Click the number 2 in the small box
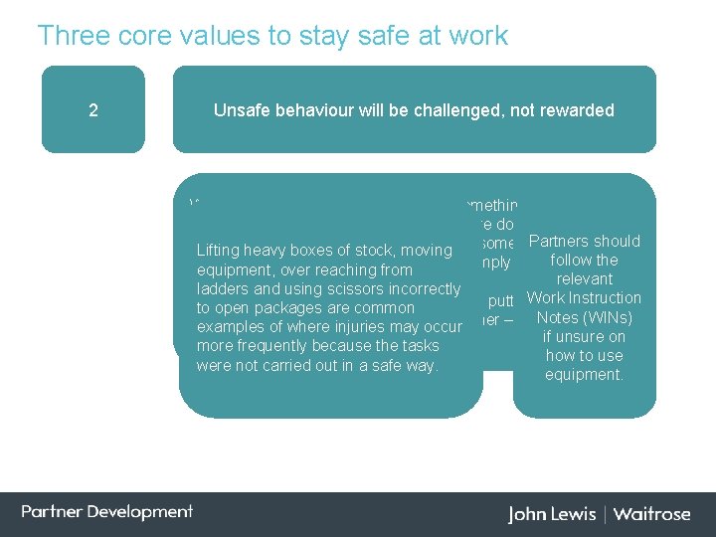93,110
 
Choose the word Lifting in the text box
219,251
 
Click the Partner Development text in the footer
107,512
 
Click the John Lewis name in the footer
552,514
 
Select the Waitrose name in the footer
651,514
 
